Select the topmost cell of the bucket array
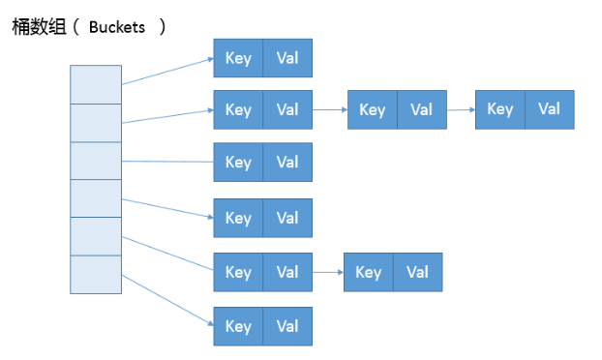pyautogui.click(x=96, y=84)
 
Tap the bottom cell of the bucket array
pyautogui.click(x=96, y=273)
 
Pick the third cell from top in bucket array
pyautogui.click(x=96, y=160)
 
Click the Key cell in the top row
pyautogui.click(x=238, y=58)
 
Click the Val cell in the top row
pyautogui.click(x=287, y=58)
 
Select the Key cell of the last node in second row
pyautogui.click(x=500, y=109)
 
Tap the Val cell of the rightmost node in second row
pyautogui.click(x=550, y=109)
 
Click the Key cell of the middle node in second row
pyautogui.click(x=373, y=110)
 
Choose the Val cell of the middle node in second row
pyautogui.click(x=421, y=110)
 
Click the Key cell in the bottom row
pyautogui.click(x=238, y=326)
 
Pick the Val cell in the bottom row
pyautogui.click(x=287, y=326)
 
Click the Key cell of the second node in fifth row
pyautogui.click(x=369, y=273)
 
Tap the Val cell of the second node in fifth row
pyautogui.click(x=417, y=273)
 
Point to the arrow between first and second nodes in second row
pyautogui.click(x=330, y=109)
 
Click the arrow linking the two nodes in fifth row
pyautogui.click(x=328, y=273)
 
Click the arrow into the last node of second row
pyautogui.click(x=461, y=109)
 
